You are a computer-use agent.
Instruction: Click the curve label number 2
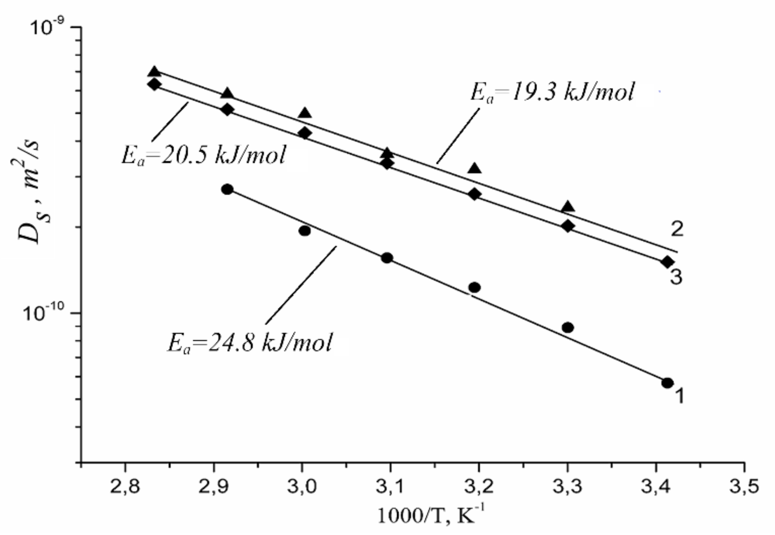click(x=677, y=229)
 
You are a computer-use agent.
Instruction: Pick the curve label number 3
click(x=676, y=278)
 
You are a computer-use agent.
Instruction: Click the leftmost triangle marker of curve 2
click(x=154, y=71)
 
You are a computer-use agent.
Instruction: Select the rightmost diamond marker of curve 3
click(x=667, y=262)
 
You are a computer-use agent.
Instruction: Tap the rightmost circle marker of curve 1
click(x=667, y=383)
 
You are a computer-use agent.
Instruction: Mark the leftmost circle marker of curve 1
click(x=227, y=189)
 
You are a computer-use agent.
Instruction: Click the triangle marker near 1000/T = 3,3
click(x=568, y=206)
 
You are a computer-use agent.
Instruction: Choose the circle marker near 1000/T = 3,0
click(x=305, y=231)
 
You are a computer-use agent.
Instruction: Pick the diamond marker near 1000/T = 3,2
click(x=474, y=194)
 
